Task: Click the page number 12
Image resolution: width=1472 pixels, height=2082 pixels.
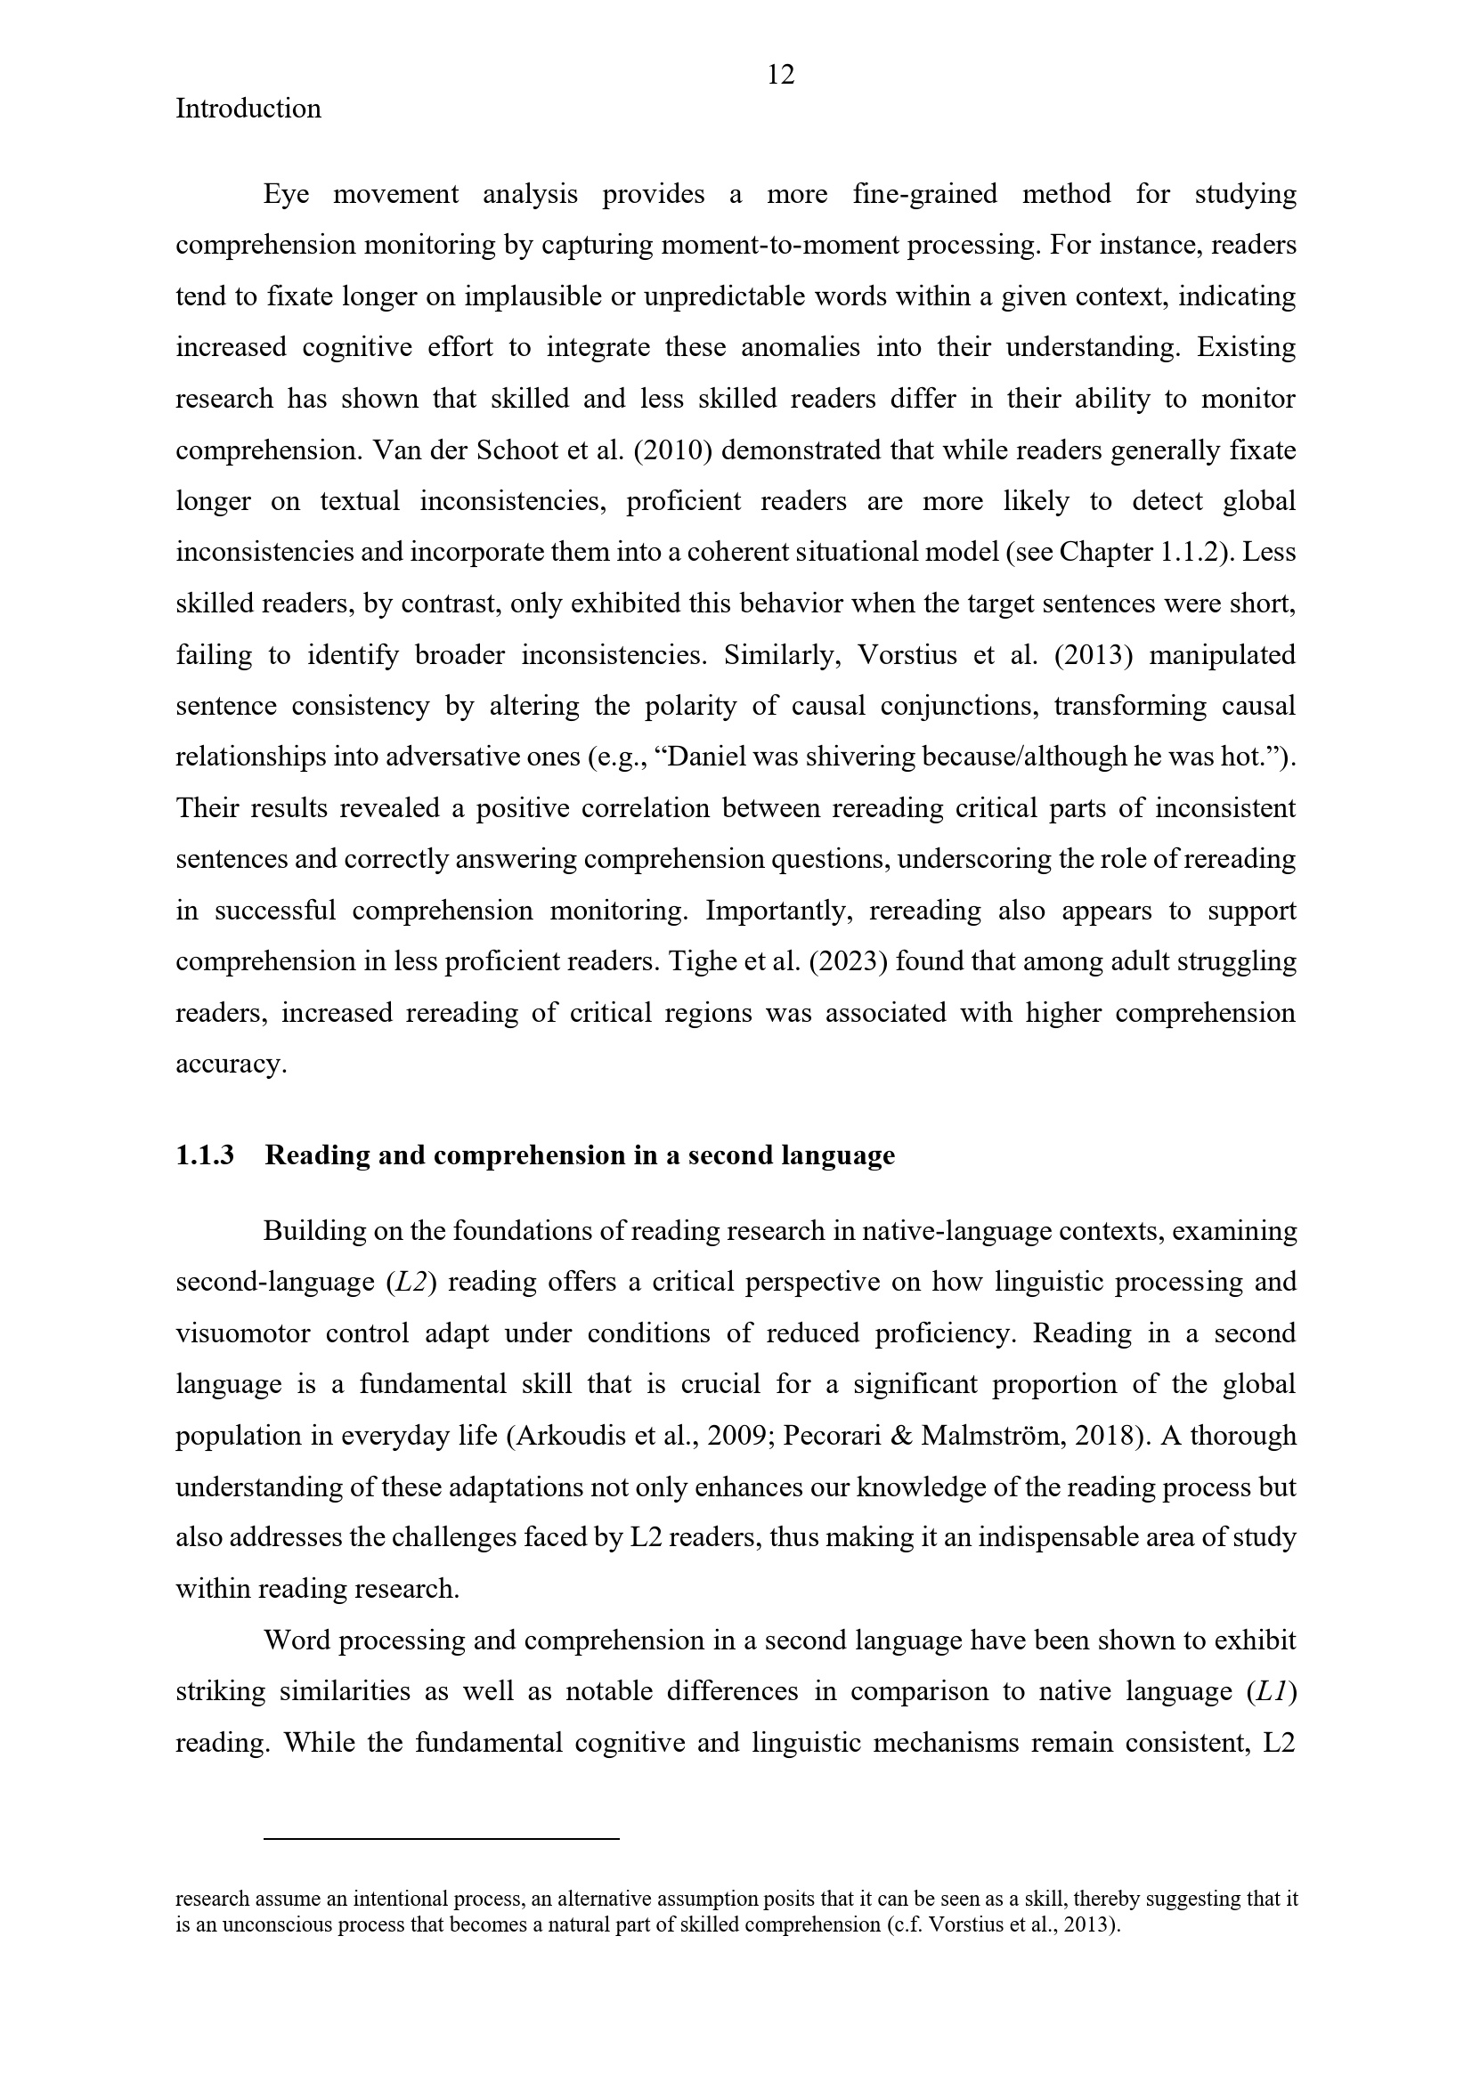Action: point(780,75)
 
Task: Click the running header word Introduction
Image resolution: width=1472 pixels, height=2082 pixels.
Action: point(248,109)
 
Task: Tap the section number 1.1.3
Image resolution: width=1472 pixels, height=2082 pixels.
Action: point(205,1155)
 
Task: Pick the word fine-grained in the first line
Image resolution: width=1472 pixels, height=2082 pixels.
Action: point(924,194)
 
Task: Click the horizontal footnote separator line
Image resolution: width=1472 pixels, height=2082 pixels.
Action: point(441,1838)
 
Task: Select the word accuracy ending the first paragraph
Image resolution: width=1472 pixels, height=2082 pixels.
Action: point(231,1064)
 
